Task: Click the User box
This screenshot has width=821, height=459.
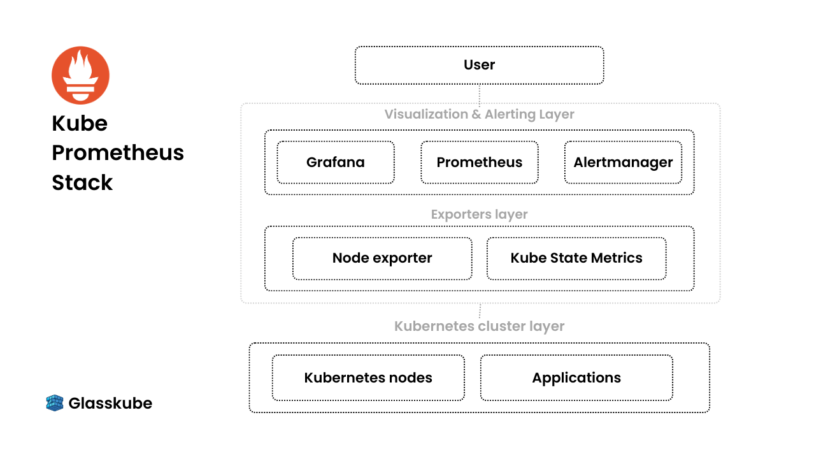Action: click(x=479, y=65)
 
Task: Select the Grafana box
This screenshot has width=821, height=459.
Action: click(x=336, y=162)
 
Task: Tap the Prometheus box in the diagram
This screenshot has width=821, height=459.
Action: click(x=480, y=162)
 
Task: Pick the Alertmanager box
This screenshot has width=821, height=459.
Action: click(x=623, y=162)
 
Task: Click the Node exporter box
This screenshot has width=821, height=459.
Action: click(x=382, y=258)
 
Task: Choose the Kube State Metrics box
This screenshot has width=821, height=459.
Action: click(x=576, y=258)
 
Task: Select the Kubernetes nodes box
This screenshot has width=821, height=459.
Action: click(x=368, y=377)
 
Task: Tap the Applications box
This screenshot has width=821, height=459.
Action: click(x=576, y=377)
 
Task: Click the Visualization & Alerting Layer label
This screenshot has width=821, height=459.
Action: click(x=479, y=115)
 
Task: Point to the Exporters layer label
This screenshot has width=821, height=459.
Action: click(x=479, y=214)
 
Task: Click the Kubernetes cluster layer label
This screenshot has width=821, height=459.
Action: click(x=479, y=326)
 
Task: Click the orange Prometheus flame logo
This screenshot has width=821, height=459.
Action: click(x=81, y=75)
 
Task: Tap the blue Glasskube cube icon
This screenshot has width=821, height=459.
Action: click(x=55, y=403)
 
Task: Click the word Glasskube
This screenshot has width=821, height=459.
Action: click(x=110, y=404)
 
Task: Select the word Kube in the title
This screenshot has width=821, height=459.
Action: click(x=80, y=123)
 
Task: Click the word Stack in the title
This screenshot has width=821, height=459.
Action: click(x=82, y=182)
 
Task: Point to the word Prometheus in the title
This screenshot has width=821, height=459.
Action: click(x=118, y=152)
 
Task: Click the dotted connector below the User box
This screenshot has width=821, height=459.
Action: click(x=480, y=95)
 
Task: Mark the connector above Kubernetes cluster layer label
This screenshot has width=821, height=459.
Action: click(x=480, y=310)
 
